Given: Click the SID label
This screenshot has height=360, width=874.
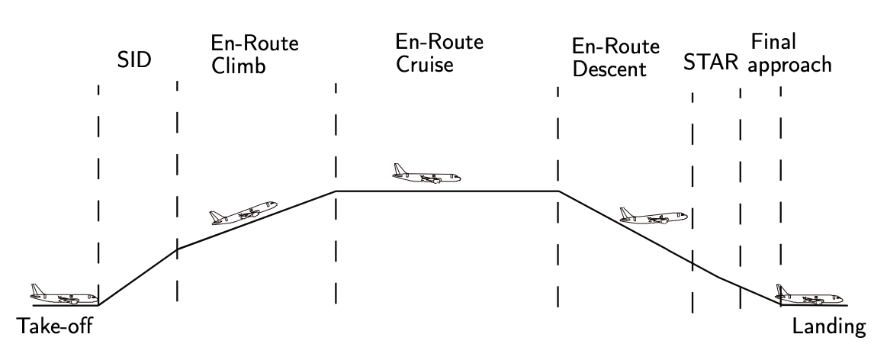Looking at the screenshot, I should tap(134, 62).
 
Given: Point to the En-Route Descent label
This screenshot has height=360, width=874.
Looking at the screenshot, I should tap(609, 59).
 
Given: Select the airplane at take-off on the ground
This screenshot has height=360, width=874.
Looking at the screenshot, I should tap(63, 294).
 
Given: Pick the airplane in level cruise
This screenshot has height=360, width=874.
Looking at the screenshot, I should tap(426, 175).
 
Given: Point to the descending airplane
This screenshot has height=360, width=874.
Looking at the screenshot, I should tap(653, 216).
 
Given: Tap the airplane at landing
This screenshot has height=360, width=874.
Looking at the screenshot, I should tap(808, 294).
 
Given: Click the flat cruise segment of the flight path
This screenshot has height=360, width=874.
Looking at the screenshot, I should tap(447, 191).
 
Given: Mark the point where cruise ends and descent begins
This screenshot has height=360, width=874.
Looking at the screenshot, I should tap(558, 191).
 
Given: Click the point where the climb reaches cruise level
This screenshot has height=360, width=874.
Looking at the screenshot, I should tap(336, 191).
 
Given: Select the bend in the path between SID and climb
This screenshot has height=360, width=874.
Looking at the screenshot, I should tap(177, 249).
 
